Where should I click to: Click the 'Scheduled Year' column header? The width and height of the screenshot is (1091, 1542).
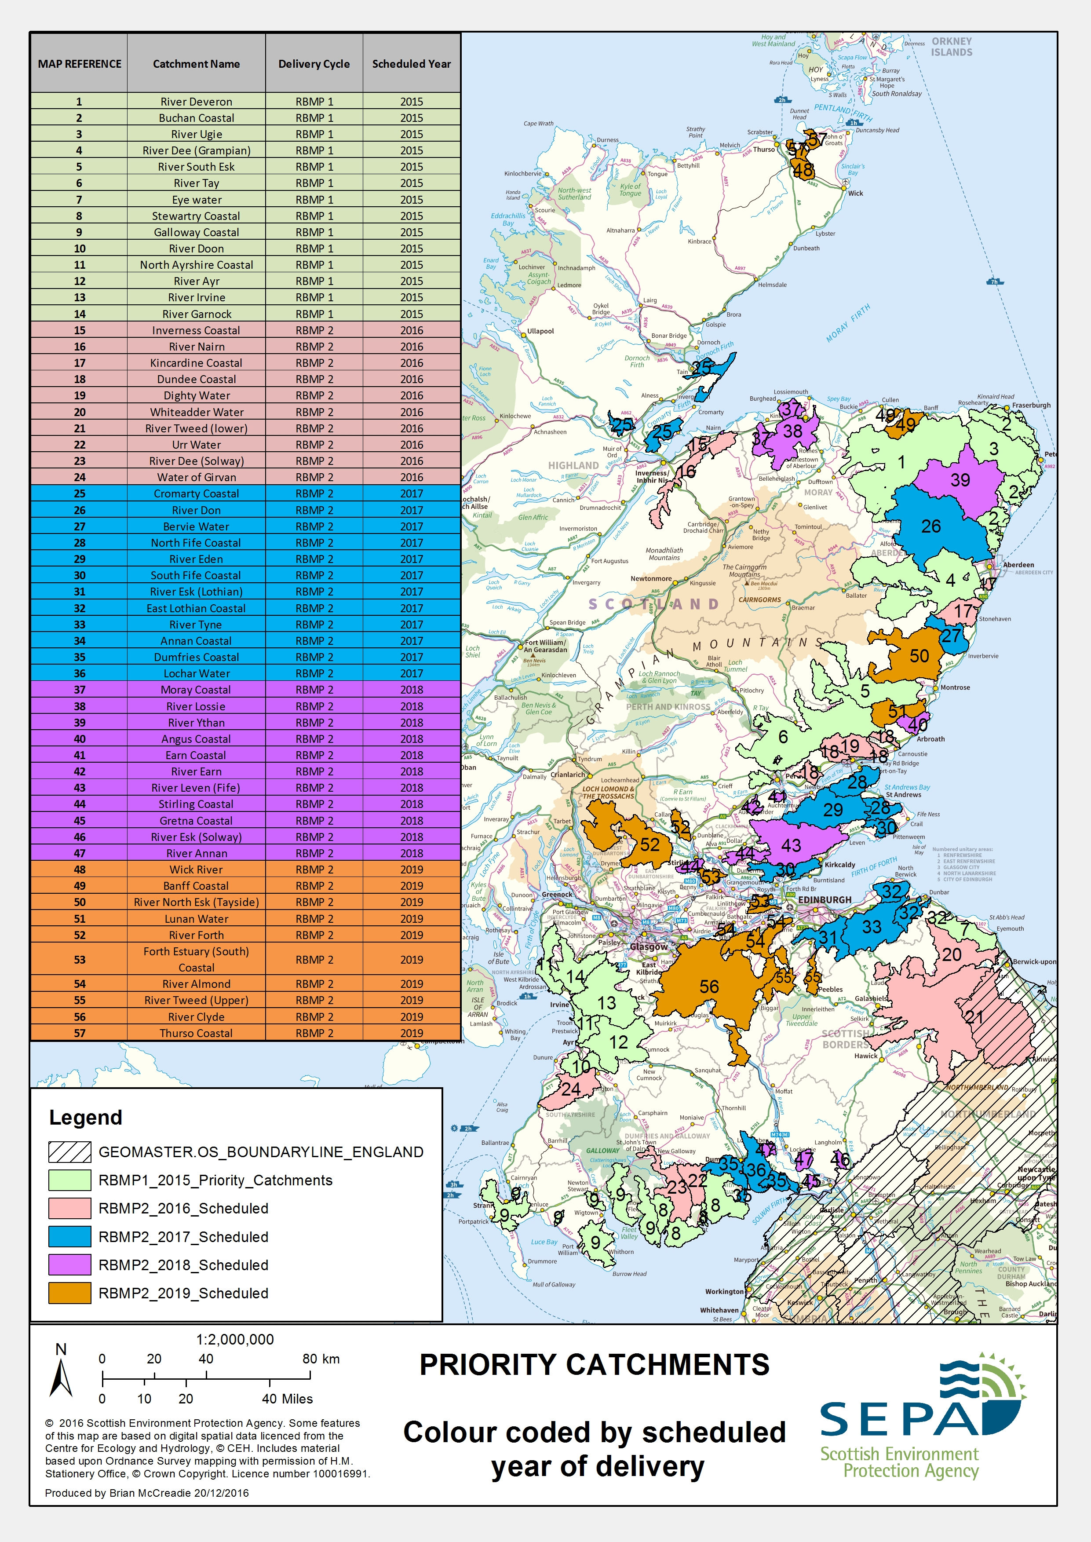click(411, 64)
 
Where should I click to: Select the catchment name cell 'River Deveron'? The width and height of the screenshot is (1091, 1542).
click(196, 102)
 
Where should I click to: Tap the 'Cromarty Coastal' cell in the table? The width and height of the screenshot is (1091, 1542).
click(196, 493)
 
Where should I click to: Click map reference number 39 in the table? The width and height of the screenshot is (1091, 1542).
click(79, 722)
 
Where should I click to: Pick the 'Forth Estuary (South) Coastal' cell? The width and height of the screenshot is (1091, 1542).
click(196, 960)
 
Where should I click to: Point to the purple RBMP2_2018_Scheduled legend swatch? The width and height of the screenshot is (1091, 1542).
click(69, 1264)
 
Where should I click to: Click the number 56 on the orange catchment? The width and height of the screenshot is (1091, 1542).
click(709, 987)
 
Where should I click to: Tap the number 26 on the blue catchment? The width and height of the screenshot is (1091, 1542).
click(930, 526)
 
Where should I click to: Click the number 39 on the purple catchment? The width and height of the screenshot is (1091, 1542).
click(960, 480)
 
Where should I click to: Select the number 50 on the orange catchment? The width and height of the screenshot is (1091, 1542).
click(919, 656)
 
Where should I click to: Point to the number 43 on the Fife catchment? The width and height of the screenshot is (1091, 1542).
click(791, 845)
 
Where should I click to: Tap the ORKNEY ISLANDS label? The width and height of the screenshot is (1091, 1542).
click(951, 46)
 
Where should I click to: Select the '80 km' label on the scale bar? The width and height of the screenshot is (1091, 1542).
click(321, 1359)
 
